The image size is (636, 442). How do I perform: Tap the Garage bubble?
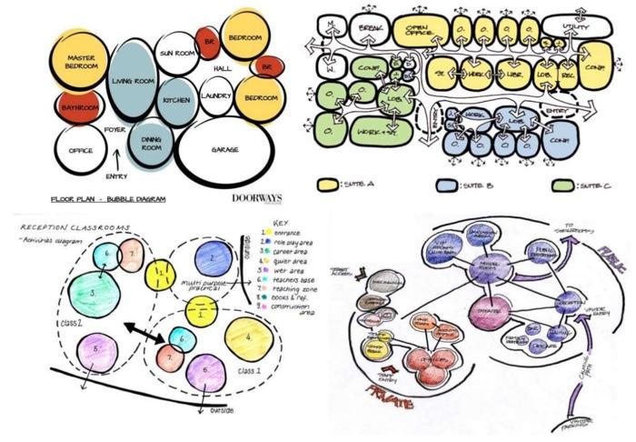[x=224, y=149]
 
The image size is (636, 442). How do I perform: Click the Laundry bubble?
[x=216, y=95]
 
